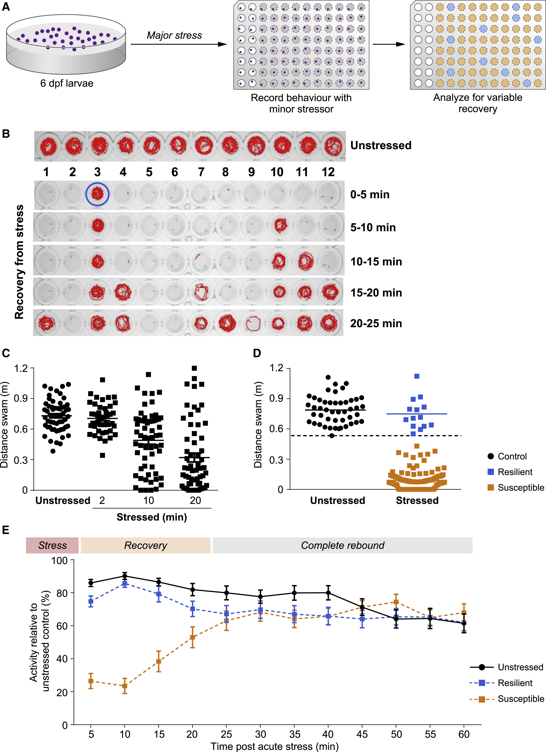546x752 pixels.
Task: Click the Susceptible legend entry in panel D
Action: (x=516, y=487)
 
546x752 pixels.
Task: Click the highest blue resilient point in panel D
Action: (x=417, y=376)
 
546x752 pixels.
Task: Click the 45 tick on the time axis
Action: (x=362, y=734)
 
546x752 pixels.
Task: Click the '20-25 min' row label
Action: (x=376, y=323)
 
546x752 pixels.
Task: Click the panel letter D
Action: (x=257, y=353)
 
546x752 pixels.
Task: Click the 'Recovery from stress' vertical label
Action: (x=19, y=262)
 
